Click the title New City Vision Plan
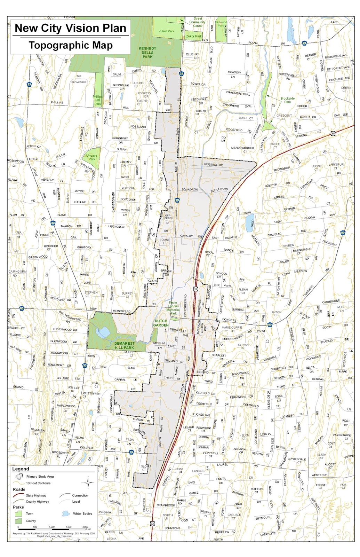pyautogui.click(x=70, y=28)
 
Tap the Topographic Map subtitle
pyautogui.click(x=70, y=45)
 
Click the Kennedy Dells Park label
pyautogui.click(x=147, y=53)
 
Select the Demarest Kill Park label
pyautogui.click(x=124, y=345)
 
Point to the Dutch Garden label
pyautogui.click(x=161, y=323)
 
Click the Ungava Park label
pyautogui.click(x=92, y=157)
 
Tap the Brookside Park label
pyautogui.click(x=287, y=100)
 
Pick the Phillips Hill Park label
pyautogui.click(x=98, y=100)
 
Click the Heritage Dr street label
pyautogui.click(x=213, y=165)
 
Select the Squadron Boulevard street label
pyautogui.click(x=205, y=189)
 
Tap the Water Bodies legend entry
pyautogui.click(x=82, y=513)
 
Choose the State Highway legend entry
pyautogui.click(x=36, y=495)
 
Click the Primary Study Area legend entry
pyautogui.click(x=40, y=477)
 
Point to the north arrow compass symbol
pyautogui.click(x=88, y=483)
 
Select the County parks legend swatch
pyautogui.click(x=18, y=521)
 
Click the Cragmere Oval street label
pyautogui.click(x=238, y=93)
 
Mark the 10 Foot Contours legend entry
pyautogui.click(x=38, y=483)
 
